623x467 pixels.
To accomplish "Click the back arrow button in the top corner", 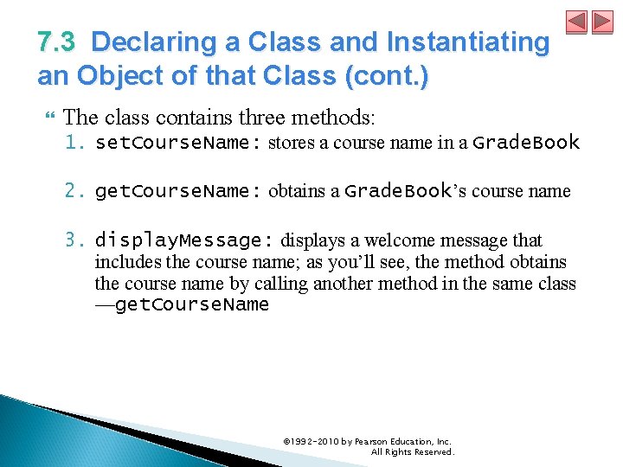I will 577,22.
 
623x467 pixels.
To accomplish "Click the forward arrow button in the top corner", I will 601,22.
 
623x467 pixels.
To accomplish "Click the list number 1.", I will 76,143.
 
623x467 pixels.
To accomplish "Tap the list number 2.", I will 76,191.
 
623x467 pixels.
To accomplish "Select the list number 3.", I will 76,240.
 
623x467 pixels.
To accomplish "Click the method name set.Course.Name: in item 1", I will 178,143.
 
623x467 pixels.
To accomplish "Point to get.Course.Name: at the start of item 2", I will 178,191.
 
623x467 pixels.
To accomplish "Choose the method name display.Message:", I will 185,240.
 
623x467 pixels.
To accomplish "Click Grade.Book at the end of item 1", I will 526,143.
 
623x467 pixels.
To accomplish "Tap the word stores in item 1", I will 291,144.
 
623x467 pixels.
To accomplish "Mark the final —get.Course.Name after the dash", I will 183,305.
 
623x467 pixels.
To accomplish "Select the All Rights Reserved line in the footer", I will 412,452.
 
